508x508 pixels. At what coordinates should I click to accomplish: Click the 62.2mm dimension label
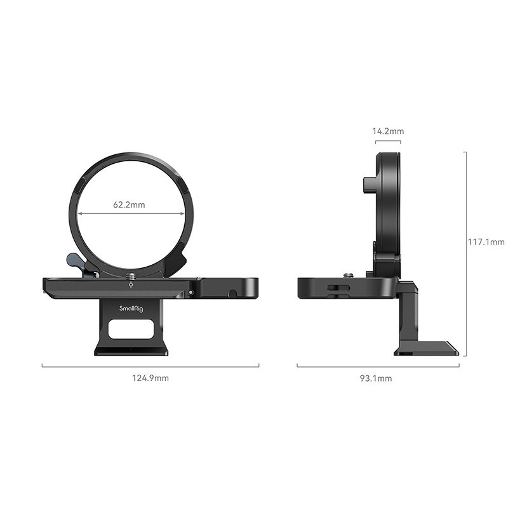130,204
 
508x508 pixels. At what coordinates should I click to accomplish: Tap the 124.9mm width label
150,378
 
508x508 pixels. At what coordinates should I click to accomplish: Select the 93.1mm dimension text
376,378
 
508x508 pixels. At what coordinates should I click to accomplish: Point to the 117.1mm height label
486,242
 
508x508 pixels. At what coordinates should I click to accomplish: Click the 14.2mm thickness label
387,131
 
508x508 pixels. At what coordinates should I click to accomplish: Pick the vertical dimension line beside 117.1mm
466,254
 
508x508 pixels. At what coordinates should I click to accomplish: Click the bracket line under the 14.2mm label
387,142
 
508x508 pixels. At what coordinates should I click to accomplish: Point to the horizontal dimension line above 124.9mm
150,366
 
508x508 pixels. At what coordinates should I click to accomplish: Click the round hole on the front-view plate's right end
233,293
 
